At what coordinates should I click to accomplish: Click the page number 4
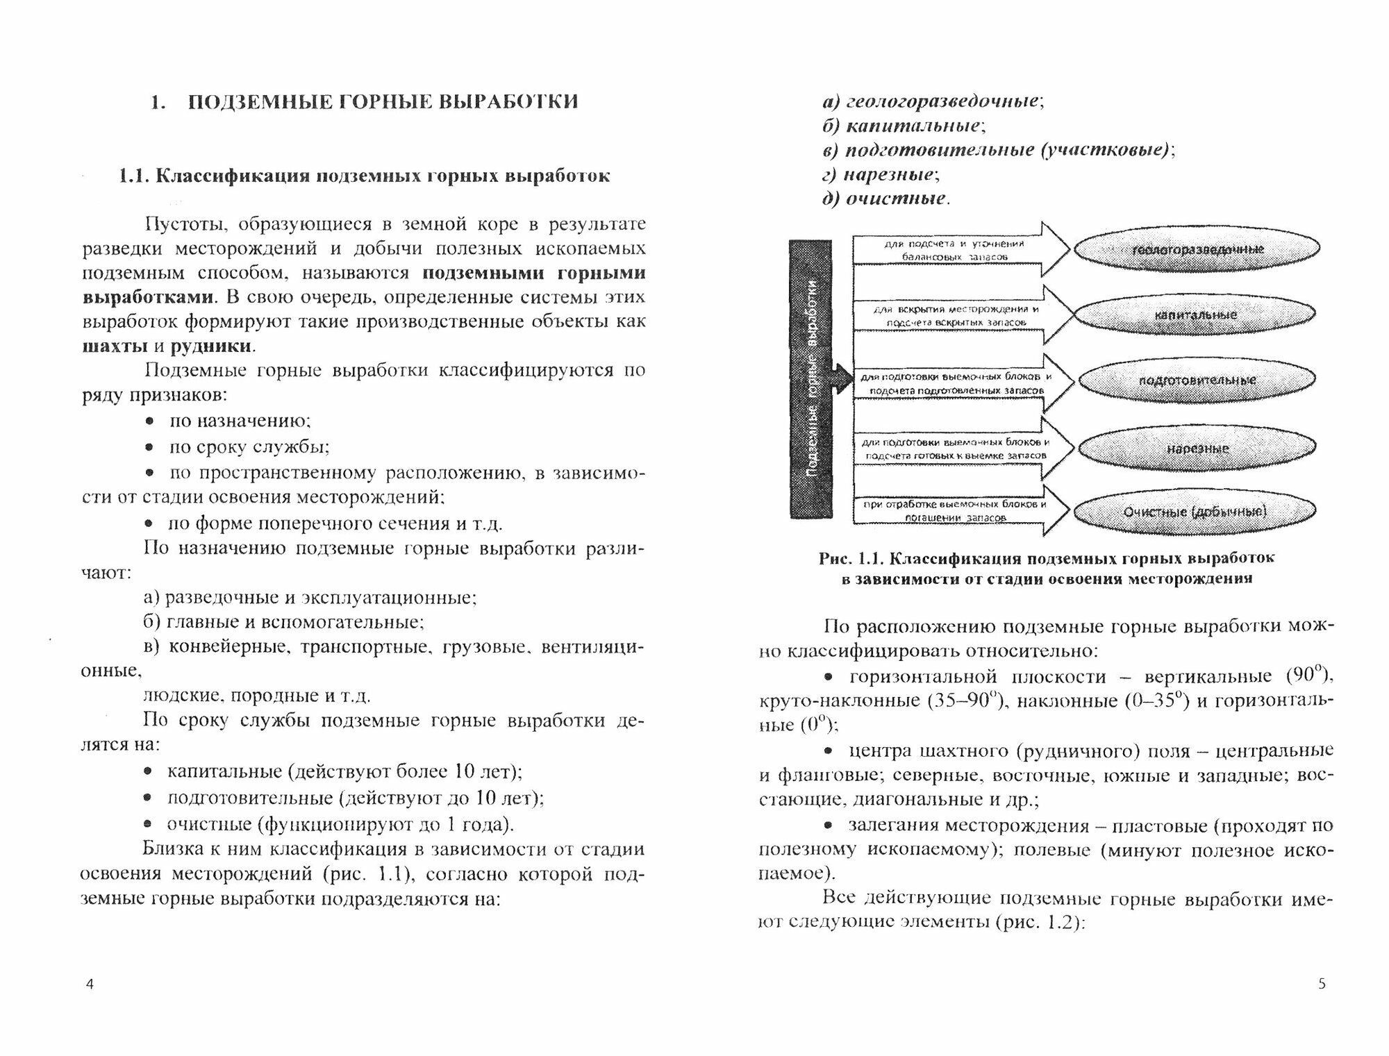point(89,984)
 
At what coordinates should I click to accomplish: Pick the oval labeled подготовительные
point(1196,380)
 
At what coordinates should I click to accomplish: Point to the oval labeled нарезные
point(1196,448)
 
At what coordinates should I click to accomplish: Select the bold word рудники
point(210,345)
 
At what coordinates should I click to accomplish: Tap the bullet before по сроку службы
point(149,447)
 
